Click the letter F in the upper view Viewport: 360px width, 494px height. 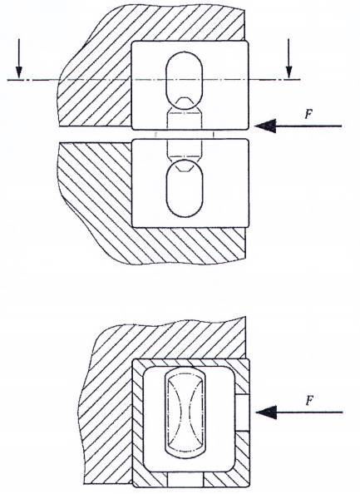(308, 114)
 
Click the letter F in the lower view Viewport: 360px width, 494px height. (310, 400)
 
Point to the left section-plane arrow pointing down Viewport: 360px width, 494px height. (19, 58)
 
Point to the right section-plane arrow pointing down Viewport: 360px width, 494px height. (288, 58)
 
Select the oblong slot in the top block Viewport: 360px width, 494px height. (185, 81)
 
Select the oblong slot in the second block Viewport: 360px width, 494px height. (185, 188)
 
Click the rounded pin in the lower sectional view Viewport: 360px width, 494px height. (185, 413)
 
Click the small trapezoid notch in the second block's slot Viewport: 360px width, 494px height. (185, 166)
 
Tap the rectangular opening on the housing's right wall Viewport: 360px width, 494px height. (242, 412)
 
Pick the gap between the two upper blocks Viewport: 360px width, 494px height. (190, 134)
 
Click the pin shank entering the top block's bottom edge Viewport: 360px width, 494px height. (185, 121)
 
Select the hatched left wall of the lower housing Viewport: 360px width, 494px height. (138, 422)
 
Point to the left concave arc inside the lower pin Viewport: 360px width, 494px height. (180, 412)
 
